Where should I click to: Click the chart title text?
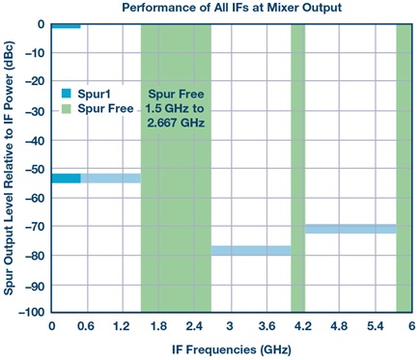tap(232, 8)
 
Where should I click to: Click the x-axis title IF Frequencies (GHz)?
tap(232, 349)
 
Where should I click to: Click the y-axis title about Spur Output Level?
tap(9, 168)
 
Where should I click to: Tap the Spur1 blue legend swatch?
tap(66, 94)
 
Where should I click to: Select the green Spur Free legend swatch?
tap(66, 108)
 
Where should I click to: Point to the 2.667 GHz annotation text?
tap(176, 123)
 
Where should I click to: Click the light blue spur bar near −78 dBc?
tap(251, 251)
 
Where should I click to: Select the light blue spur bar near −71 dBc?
tap(350, 229)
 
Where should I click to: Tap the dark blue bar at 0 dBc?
tap(66, 26)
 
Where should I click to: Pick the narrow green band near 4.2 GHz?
tap(298, 168)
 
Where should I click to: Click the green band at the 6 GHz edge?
tap(404, 168)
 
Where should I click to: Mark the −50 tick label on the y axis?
tap(35, 169)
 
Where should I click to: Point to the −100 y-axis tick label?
tap(32, 313)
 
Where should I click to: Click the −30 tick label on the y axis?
tap(35, 111)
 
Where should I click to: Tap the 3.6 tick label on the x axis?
tap(266, 326)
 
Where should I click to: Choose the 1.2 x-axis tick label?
tap(122, 326)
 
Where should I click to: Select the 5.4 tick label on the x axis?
tap(376, 326)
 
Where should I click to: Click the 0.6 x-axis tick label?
tap(86, 326)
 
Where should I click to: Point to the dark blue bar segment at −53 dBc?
tap(67, 179)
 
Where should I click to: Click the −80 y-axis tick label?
tap(35, 256)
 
